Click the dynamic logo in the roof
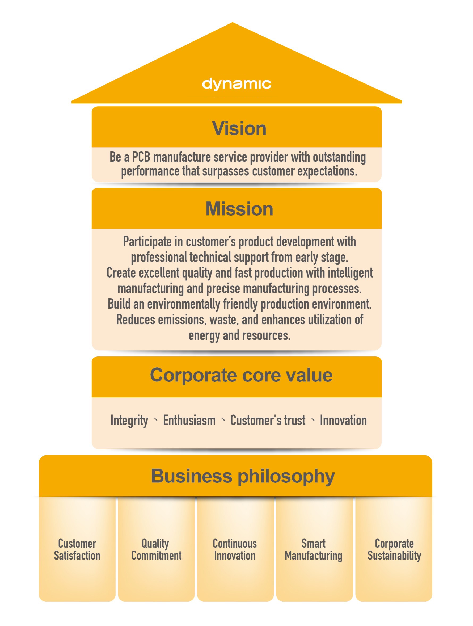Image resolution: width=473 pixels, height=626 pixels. (x=236, y=84)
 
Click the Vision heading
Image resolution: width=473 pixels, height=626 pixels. (x=239, y=128)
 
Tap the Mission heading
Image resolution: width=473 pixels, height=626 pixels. (x=239, y=209)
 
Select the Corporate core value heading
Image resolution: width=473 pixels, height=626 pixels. (x=241, y=375)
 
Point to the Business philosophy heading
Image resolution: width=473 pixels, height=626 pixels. (x=243, y=476)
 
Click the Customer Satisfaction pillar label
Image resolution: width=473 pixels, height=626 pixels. (x=77, y=550)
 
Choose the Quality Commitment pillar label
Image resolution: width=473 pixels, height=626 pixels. (x=156, y=550)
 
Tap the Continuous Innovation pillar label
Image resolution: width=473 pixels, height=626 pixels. (x=235, y=550)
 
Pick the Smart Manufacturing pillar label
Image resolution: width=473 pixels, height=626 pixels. (x=314, y=550)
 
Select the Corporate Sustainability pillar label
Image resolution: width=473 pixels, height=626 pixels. (x=394, y=550)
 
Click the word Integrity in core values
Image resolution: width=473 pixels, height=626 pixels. (x=129, y=421)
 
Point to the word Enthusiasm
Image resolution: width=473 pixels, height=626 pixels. (x=189, y=421)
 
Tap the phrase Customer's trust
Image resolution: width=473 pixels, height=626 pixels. (x=268, y=421)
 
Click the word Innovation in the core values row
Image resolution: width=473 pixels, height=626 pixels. (x=343, y=421)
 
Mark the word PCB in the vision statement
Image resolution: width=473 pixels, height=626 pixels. (x=141, y=157)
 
